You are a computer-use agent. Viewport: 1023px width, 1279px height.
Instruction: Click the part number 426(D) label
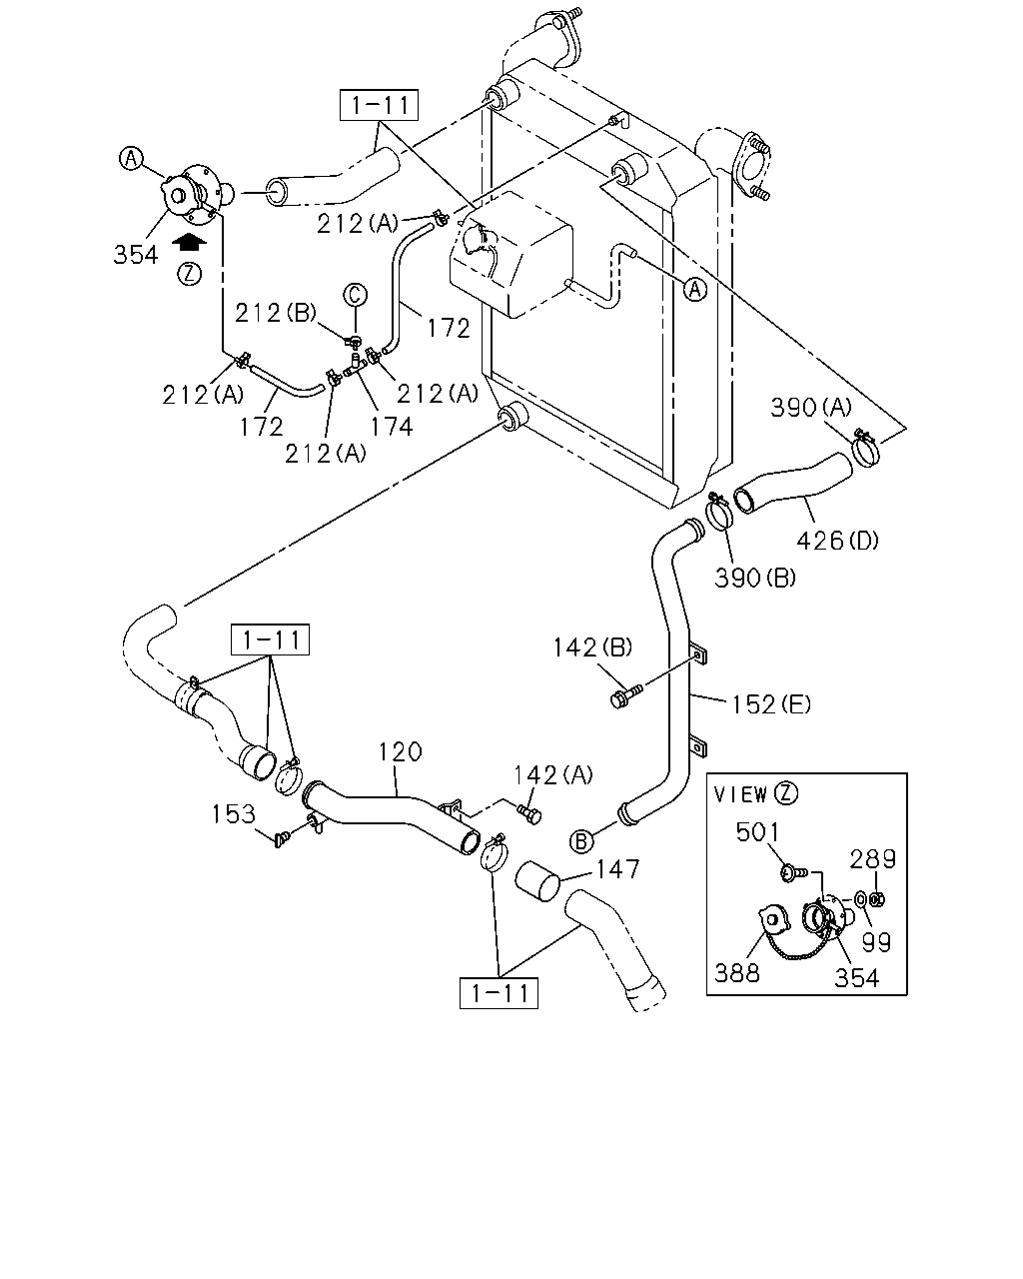point(837,541)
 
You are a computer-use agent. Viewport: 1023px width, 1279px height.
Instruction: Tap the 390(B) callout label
point(755,578)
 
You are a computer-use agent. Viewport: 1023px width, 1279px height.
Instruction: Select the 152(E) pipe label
point(770,704)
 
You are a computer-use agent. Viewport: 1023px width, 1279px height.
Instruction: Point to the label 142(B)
point(592,647)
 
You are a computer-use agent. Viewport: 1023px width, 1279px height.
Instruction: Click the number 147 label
point(617,869)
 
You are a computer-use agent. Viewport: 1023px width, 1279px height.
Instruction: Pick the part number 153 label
point(234,813)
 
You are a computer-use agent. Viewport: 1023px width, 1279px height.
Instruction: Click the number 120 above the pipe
point(401,751)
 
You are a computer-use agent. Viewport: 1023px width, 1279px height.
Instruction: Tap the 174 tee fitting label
point(392,426)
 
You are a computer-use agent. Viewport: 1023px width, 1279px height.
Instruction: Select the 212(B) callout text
point(275,313)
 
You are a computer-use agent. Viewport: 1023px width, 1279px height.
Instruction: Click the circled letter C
point(355,294)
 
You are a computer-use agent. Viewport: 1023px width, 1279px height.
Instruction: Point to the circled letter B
point(581,841)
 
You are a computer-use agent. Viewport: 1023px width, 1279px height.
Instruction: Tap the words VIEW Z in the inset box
point(756,794)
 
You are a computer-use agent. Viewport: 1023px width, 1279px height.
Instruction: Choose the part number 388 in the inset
point(737,973)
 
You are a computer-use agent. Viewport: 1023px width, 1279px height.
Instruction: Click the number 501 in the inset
point(757,832)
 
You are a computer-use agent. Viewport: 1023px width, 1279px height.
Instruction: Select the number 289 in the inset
point(872,859)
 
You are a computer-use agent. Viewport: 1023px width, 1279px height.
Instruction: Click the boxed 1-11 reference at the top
point(379,105)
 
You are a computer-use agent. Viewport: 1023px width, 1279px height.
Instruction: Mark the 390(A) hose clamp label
point(811,407)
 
